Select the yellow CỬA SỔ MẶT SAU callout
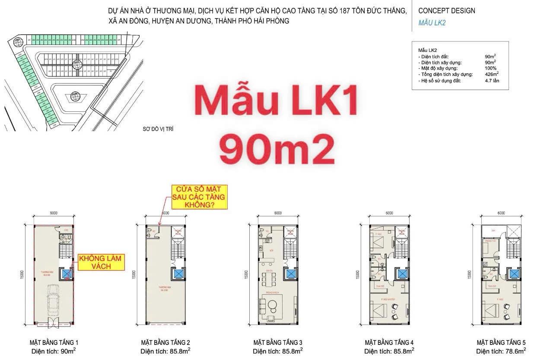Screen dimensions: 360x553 pyautogui.click(x=200, y=197)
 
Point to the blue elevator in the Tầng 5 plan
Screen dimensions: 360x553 pyautogui.click(x=514, y=274)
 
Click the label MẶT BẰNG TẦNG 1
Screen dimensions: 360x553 pyautogui.click(x=54, y=342)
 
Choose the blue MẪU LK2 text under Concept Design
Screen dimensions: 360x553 pyautogui.click(x=432, y=23)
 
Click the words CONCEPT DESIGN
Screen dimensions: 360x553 pyautogui.click(x=446, y=10)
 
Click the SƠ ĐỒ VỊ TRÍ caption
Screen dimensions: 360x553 pyautogui.click(x=158, y=129)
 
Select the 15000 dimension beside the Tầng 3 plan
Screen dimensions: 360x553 pyautogui.click(x=246, y=275)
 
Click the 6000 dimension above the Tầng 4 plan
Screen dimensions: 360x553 pyautogui.click(x=389, y=213)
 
